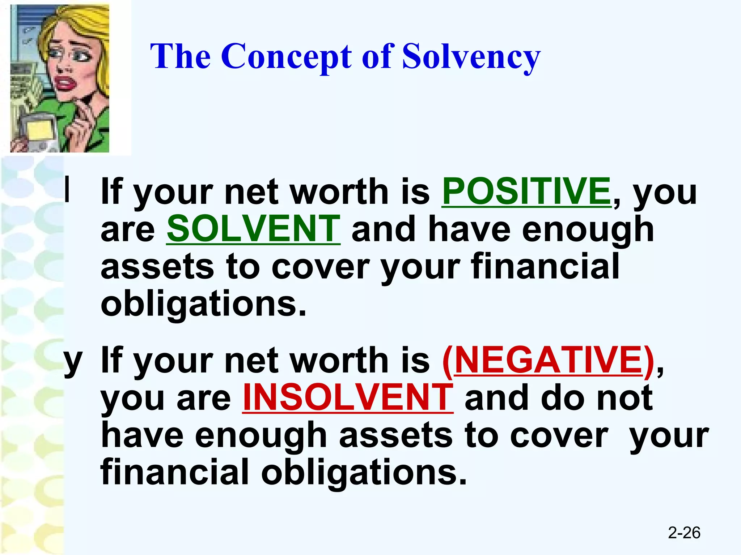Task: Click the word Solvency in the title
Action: (x=471, y=57)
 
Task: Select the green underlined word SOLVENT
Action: (x=253, y=228)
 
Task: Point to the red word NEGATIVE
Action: (x=548, y=360)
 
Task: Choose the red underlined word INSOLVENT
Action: (x=348, y=397)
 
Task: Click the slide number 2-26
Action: (x=684, y=533)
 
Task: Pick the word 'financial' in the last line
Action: (x=174, y=472)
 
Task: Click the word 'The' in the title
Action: (x=180, y=57)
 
